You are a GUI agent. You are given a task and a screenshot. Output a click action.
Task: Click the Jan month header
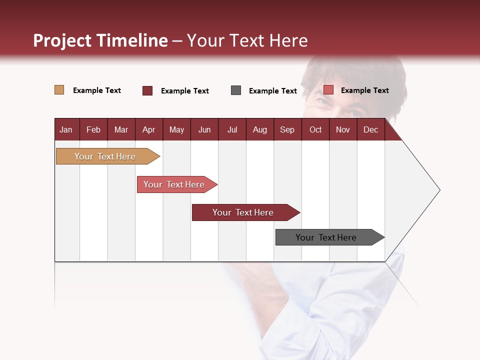pyautogui.click(x=66, y=129)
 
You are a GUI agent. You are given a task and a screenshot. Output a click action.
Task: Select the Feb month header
pyautogui.click(x=93, y=129)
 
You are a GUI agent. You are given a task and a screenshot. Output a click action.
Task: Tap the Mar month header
pyautogui.click(x=121, y=129)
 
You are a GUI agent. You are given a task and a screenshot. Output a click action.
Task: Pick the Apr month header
pyautogui.click(x=148, y=129)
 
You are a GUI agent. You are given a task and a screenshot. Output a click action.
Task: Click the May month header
pyautogui.click(x=176, y=129)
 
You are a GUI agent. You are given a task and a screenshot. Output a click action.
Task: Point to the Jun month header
pyautogui.click(x=204, y=129)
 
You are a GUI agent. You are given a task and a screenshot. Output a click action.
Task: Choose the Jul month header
pyautogui.click(x=232, y=129)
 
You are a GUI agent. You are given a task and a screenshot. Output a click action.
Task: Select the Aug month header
pyautogui.click(x=259, y=129)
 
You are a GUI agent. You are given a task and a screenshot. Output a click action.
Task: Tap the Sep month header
pyautogui.click(x=287, y=129)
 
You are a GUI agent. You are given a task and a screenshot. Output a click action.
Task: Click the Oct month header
pyautogui.click(x=315, y=129)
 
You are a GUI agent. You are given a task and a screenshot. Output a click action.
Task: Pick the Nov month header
pyautogui.click(x=343, y=129)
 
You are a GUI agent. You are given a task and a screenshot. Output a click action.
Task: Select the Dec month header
pyautogui.click(x=370, y=129)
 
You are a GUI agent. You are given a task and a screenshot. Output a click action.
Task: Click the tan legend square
pyautogui.click(x=59, y=90)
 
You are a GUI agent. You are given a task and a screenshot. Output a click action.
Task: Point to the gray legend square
pyautogui.click(x=236, y=90)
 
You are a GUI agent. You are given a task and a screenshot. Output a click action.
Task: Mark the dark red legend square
pyautogui.click(x=147, y=90)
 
